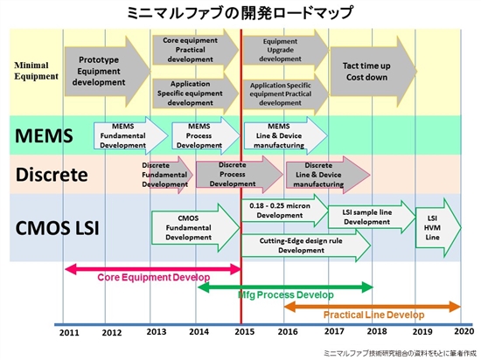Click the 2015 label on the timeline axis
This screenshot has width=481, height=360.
(x=245, y=332)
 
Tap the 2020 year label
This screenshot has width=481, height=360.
(x=464, y=331)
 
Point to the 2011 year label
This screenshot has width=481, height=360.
(x=69, y=332)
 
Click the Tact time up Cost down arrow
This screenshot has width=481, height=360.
(x=373, y=72)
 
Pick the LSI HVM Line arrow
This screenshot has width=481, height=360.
(x=438, y=228)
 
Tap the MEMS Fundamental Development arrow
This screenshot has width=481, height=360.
(x=131, y=135)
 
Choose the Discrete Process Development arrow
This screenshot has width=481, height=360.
(x=240, y=175)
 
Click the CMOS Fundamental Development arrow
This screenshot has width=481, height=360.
(x=196, y=228)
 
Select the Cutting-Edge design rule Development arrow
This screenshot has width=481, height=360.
(x=306, y=246)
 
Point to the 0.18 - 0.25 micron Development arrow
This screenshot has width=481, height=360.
(x=285, y=211)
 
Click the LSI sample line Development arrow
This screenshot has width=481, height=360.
(x=372, y=217)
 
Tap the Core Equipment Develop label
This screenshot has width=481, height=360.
(x=154, y=277)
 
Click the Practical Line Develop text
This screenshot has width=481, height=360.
(x=374, y=315)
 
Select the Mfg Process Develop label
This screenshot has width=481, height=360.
(x=286, y=294)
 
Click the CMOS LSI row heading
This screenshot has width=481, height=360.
(x=58, y=228)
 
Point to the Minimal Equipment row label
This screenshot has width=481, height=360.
(x=36, y=71)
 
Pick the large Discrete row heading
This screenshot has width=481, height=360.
(x=52, y=175)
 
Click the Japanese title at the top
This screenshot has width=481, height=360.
(x=240, y=13)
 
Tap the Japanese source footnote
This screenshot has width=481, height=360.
(x=400, y=353)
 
